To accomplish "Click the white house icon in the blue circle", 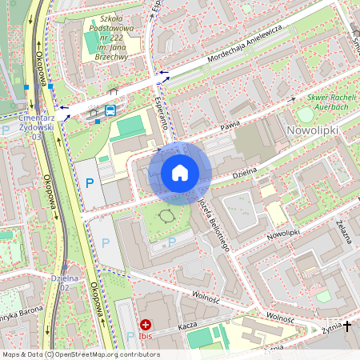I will click(180, 173).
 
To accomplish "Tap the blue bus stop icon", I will click(110, 111).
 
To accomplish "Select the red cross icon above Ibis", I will click(146, 324).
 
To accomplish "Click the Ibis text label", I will click(146, 337).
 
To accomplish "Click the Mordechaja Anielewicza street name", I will click(232, 57).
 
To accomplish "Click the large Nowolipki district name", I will click(312, 129).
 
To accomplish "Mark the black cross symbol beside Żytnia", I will click(346, 326).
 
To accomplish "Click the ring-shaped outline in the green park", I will click(167, 216).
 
